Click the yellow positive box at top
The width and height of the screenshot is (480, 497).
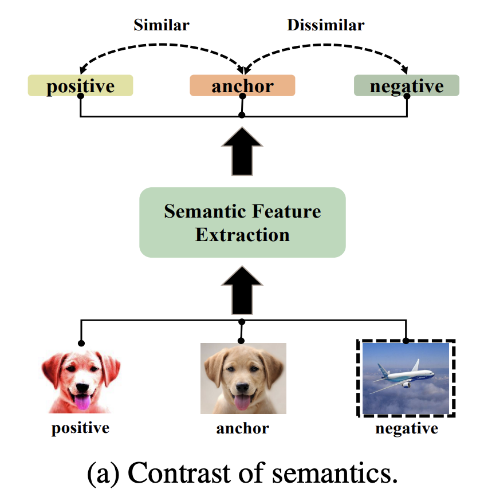(x=80, y=86)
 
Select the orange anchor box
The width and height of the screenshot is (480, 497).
(x=242, y=86)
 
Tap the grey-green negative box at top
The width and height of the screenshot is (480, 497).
(x=406, y=86)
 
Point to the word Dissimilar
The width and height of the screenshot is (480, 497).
(x=325, y=25)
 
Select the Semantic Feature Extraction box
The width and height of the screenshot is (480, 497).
(x=242, y=222)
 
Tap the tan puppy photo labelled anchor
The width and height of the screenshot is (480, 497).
(x=243, y=378)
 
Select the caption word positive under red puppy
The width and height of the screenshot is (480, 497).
(x=80, y=428)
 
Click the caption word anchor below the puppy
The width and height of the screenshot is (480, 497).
(x=242, y=428)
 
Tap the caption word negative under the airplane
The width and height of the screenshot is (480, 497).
(x=406, y=428)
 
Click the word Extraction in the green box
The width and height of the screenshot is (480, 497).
(x=242, y=234)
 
